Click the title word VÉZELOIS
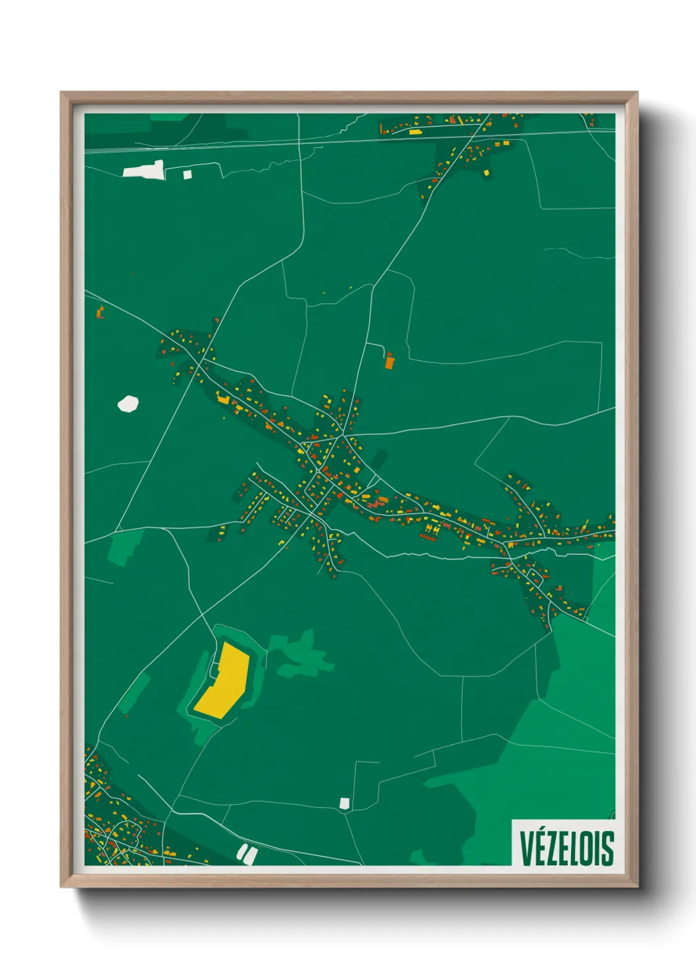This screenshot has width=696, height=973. [x=566, y=848]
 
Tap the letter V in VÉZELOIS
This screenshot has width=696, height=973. [x=526, y=849]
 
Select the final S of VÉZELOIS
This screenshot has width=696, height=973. [x=608, y=849]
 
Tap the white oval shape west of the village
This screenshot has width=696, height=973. [x=128, y=404]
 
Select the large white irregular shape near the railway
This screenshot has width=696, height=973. [x=144, y=170]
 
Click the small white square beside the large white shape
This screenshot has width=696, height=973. [x=187, y=174]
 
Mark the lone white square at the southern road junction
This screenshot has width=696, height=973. [x=344, y=803]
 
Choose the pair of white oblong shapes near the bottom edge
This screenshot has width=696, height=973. [x=247, y=854]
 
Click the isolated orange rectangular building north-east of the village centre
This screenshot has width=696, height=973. [x=389, y=361]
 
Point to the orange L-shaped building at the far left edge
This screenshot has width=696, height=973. [x=101, y=312]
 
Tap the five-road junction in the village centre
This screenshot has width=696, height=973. [x=343, y=437]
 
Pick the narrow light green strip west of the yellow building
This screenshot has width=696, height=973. [x=136, y=694]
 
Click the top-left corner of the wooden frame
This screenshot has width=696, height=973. [x=61, y=93]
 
